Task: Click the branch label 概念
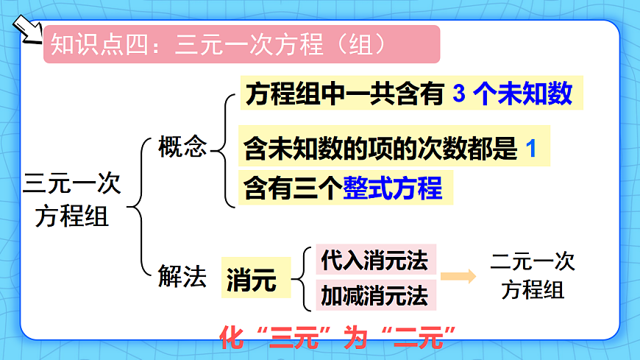click(183, 147)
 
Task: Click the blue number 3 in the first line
click(459, 93)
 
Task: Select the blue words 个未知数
click(525, 93)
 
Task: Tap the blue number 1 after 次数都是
click(532, 149)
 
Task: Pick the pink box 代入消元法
click(374, 260)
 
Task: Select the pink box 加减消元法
click(374, 295)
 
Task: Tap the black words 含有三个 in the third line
click(294, 188)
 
